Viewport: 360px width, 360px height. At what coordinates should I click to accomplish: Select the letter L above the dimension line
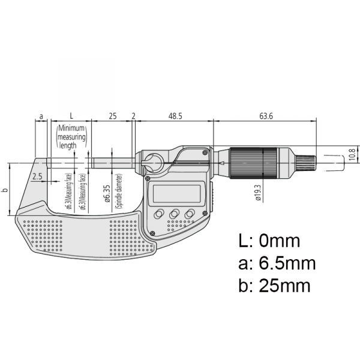[71, 115]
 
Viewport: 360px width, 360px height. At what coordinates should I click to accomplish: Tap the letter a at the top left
[41, 115]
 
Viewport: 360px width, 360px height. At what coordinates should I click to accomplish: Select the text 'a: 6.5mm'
[277, 263]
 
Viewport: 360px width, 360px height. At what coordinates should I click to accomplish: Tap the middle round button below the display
[175, 214]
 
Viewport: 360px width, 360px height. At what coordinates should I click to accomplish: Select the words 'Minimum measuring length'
[72, 137]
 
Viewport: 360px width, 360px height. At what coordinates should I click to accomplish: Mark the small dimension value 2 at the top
[133, 115]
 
